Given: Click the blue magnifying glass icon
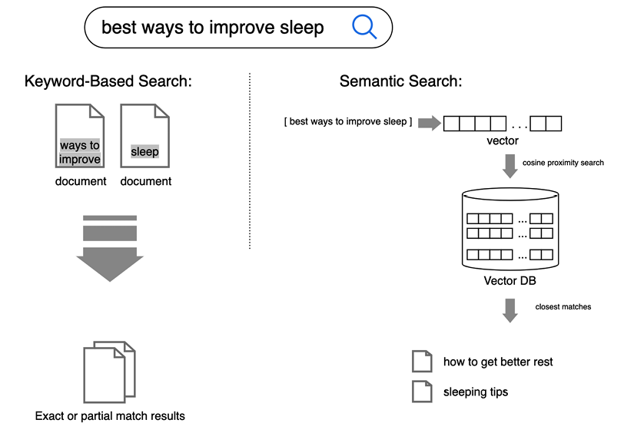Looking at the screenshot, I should (x=363, y=28).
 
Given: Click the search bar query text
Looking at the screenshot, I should (x=213, y=28).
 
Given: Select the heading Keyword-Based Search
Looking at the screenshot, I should (x=108, y=81).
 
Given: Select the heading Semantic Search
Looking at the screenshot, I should (x=400, y=81).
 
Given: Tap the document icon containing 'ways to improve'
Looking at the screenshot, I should (x=80, y=137).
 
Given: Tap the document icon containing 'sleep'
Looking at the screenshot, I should (x=145, y=137).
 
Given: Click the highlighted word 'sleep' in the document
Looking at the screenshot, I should (x=144, y=151).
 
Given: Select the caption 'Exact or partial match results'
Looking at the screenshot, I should (x=110, y=416).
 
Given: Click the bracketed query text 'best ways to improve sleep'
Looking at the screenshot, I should (x=348, y=122).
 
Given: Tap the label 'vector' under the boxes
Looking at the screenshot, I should (x=502, y=140).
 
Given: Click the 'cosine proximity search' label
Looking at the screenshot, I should (x=563, y=163).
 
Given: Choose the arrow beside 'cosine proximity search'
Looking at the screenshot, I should (x=510, y=165).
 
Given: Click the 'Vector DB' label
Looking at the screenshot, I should (x=510, y=280).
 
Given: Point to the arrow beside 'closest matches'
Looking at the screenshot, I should (x=510, y=309).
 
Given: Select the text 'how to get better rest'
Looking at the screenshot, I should (x=498, y=362).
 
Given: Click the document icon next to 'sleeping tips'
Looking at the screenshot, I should (x=422, y=392).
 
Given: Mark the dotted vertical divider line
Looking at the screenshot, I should (x=250, y=161).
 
